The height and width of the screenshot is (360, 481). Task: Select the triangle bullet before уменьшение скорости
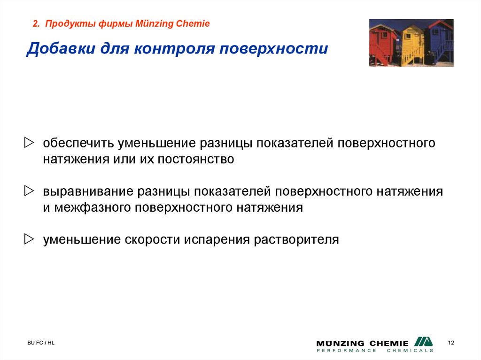point(30,239)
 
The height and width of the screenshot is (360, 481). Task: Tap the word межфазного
point(94,208)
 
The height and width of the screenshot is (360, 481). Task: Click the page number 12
point(451,342)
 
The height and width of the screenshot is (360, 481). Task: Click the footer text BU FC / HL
point(40,343)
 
